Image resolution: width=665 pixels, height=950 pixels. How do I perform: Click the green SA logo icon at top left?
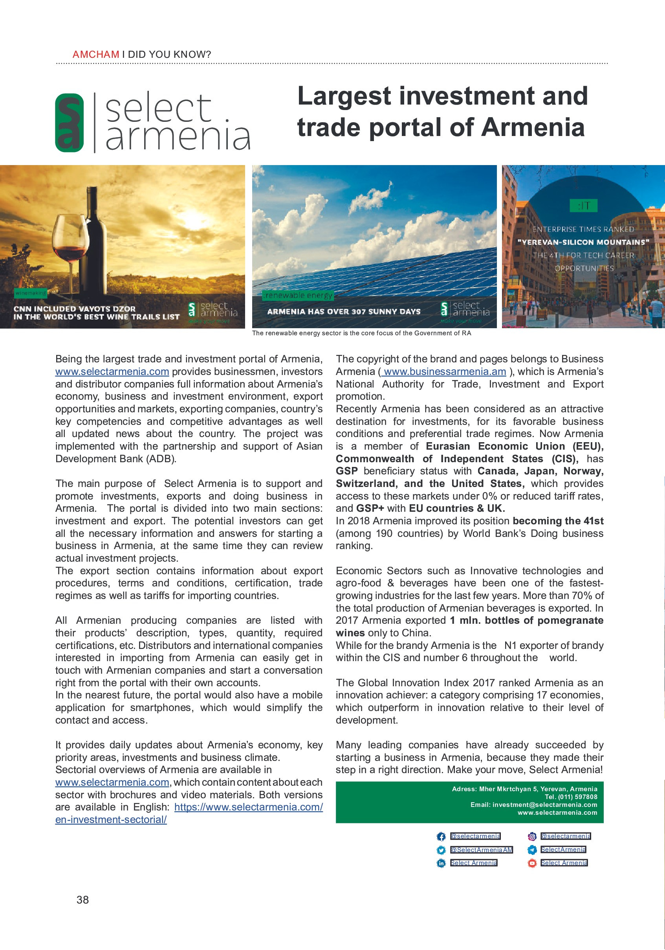coord(70,123)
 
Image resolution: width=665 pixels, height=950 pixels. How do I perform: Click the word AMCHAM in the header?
coord(95,54)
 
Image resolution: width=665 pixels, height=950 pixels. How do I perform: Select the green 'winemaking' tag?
coord(31,293)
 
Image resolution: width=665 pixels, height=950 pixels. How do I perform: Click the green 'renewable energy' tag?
coord(298,295)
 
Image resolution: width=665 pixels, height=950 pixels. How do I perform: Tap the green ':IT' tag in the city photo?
coord(583,205)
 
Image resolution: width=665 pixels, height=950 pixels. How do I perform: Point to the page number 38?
coord(82,900)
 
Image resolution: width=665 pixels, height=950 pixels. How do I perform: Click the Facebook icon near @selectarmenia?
coord(441,836)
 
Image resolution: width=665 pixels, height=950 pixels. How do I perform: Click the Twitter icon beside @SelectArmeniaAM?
coord(441,849)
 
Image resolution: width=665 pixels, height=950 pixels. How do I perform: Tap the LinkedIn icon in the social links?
coord(441,863)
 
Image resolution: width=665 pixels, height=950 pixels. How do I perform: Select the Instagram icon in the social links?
coord(532,836)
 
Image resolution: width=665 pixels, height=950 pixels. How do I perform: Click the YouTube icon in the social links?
coord(532,863)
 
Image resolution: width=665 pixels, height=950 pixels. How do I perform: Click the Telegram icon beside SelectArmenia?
coord(532,849)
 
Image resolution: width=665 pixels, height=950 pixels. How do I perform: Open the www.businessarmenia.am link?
coord(444,371)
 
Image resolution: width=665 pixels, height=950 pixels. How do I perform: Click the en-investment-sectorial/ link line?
coord(111,819)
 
